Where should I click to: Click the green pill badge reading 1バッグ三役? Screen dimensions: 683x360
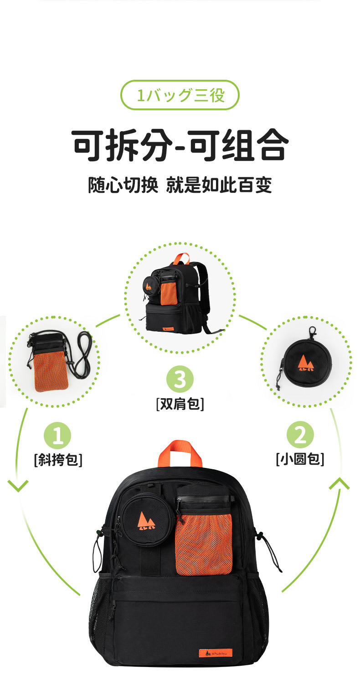(x=180, y=95)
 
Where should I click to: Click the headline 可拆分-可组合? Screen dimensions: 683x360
(x=180, y=145)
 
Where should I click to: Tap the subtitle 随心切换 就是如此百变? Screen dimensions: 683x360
(x=180, y=185)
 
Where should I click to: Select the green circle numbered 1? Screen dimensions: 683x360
(x=57, y=435)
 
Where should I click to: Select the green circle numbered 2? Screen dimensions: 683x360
(x=300, y=435)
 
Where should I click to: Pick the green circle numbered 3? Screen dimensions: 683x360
(x=180, y=379)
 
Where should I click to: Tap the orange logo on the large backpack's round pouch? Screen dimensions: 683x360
(x=145, y=521)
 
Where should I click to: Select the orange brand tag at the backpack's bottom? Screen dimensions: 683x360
(x=216, y=653)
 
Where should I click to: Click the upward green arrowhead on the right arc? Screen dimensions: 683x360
(x=339, y=483)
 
